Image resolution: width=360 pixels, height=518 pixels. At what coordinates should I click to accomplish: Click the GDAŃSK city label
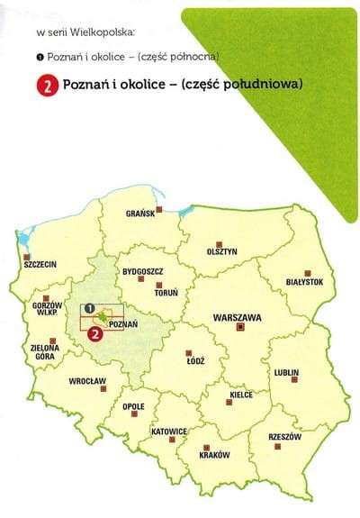pos(141,214)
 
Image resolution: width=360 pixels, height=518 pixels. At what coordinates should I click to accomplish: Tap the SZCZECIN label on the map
pos(41,265)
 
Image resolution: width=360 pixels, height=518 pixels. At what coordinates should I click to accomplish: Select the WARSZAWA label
pos(238,318)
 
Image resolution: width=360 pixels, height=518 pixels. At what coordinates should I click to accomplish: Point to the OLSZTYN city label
pos(221,251)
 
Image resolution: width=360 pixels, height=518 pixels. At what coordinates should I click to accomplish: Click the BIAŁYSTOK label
pos(304,282)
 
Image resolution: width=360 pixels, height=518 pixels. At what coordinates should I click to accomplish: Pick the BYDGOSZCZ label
pos(141,270)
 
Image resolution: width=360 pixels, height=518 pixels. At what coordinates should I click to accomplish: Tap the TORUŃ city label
pos(167,293)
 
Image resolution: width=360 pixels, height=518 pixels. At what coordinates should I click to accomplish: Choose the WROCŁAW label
pos(87,381)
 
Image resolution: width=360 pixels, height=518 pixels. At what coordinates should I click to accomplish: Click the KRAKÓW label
pos(214,454)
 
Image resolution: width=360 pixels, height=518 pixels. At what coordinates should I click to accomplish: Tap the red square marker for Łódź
pos(188,352)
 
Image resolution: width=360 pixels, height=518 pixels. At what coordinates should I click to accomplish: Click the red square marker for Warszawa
pos(239,330)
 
